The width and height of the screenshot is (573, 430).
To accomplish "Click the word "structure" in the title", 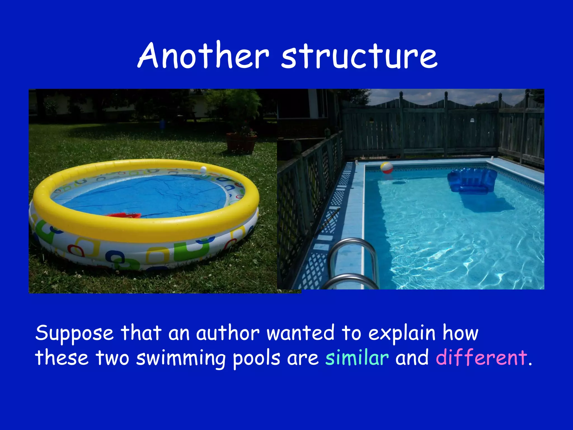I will tap(359, 57).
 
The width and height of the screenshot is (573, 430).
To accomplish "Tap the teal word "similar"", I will tap(357, 357).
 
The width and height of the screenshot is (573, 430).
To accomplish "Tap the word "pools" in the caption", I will tap(256, 358).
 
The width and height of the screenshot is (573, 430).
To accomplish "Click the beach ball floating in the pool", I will tap(386, 167).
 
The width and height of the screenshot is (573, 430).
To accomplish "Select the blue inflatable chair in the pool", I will tap(472, 181).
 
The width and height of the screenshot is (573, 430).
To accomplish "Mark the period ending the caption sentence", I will tap(530, 364).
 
